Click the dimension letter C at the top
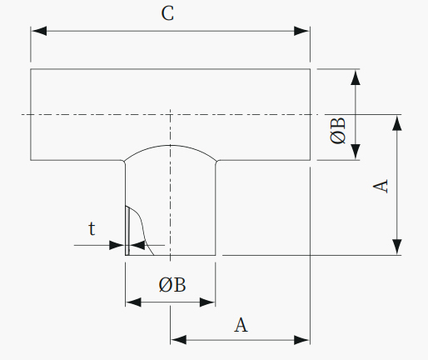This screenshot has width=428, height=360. click(167, 13)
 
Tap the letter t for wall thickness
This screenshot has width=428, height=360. click(92, 228)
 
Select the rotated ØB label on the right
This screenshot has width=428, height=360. click(338, 131)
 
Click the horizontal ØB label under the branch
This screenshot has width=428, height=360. click(172, 285)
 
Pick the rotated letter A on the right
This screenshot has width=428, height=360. click(381, 187)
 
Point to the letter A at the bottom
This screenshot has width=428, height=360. click(241, 325)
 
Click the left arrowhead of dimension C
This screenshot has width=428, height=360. click(39, 31)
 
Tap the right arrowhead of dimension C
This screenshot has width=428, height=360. click(302, 31)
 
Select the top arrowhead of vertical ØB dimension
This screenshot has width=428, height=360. click(356, 77)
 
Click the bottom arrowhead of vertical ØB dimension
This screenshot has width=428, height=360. click(356, 152)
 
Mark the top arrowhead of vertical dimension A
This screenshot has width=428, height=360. click(397, 122)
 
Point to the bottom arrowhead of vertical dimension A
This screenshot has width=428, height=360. click(397, 247)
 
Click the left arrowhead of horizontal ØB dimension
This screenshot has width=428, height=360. click(133, 302)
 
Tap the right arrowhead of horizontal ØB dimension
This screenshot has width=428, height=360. click(207, 302)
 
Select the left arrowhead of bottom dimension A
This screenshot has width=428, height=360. click(178, 340)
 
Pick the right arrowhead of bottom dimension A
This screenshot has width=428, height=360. click(302, 340)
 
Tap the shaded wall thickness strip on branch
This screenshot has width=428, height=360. click(127, 231)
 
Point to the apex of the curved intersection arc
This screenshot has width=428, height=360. click(171, 145)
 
